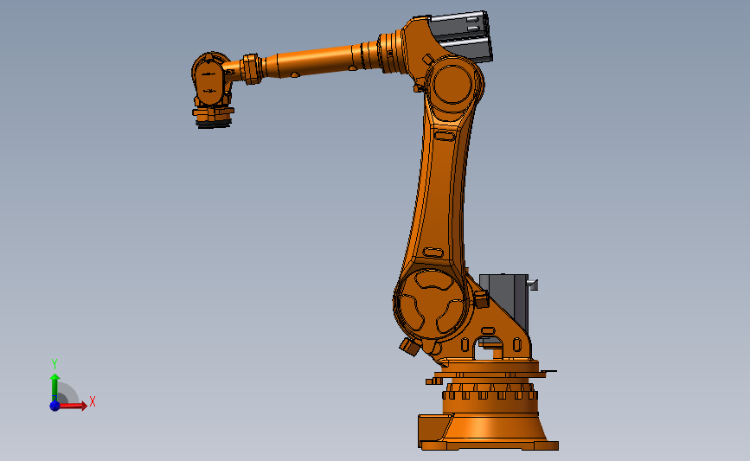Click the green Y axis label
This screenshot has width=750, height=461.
54,364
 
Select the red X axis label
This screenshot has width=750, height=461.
92,402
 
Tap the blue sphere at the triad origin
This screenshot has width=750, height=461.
54,405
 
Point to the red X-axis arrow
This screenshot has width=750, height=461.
74,405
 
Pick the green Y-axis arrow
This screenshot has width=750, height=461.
54,386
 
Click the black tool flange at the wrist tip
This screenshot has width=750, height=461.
213,123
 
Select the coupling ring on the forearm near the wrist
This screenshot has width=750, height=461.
252,68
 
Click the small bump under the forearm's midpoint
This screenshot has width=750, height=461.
295,75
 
